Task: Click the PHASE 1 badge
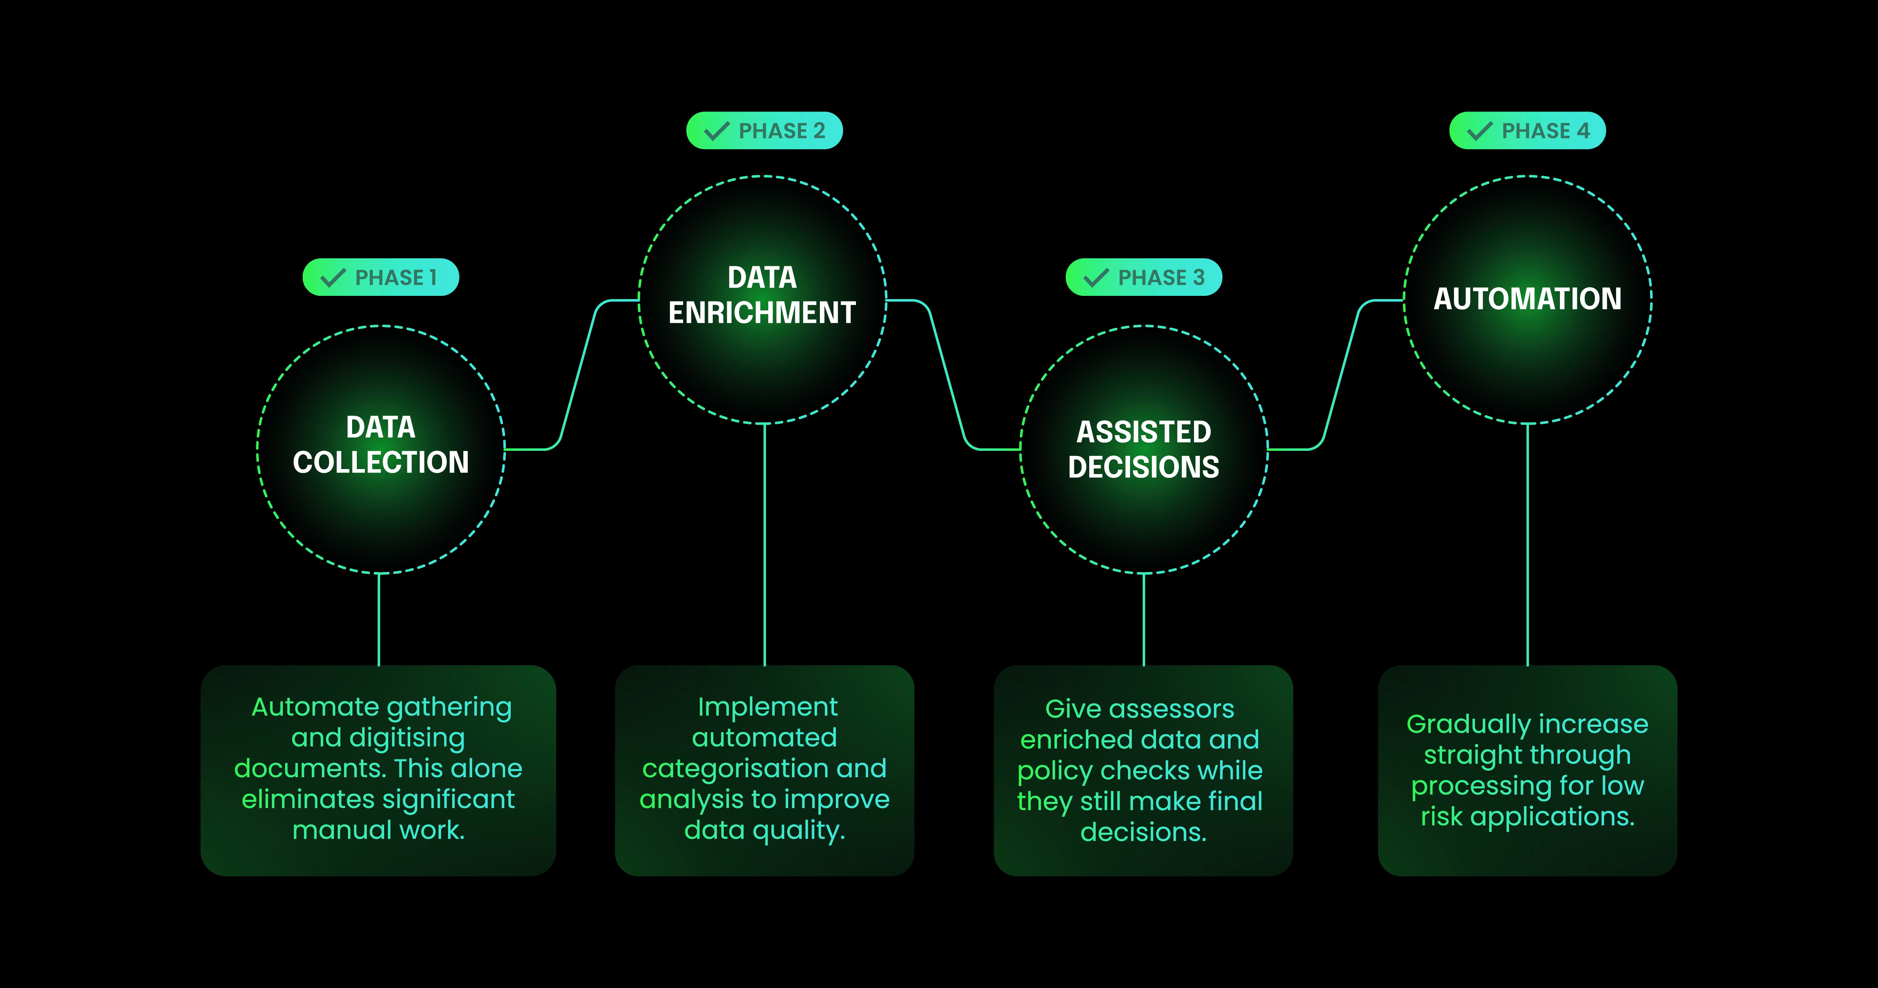click(x=381, y=277)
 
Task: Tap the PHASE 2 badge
click(x=764, y=131)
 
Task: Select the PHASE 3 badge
click(x=1143, y=277)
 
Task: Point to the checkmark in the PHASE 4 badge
click(x=1479, y=131)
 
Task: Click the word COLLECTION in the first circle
click(x=381, y=462)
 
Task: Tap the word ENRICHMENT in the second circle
click(x=762, y=313)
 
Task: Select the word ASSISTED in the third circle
click(x=1143, y=432)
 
